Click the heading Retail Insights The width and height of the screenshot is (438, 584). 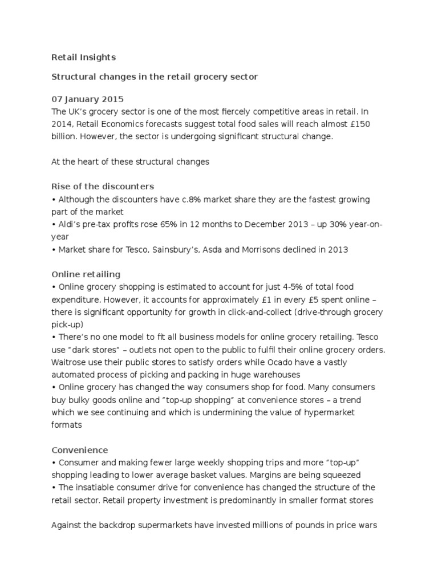click(x=83, y=57)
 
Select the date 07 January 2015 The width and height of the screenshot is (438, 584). click(x=87, y=99)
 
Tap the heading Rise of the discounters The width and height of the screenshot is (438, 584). click(x=103, y=186)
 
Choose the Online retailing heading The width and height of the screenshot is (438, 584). click(x=86, y=274)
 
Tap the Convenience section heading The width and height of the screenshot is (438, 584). click(x=80, y=449)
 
